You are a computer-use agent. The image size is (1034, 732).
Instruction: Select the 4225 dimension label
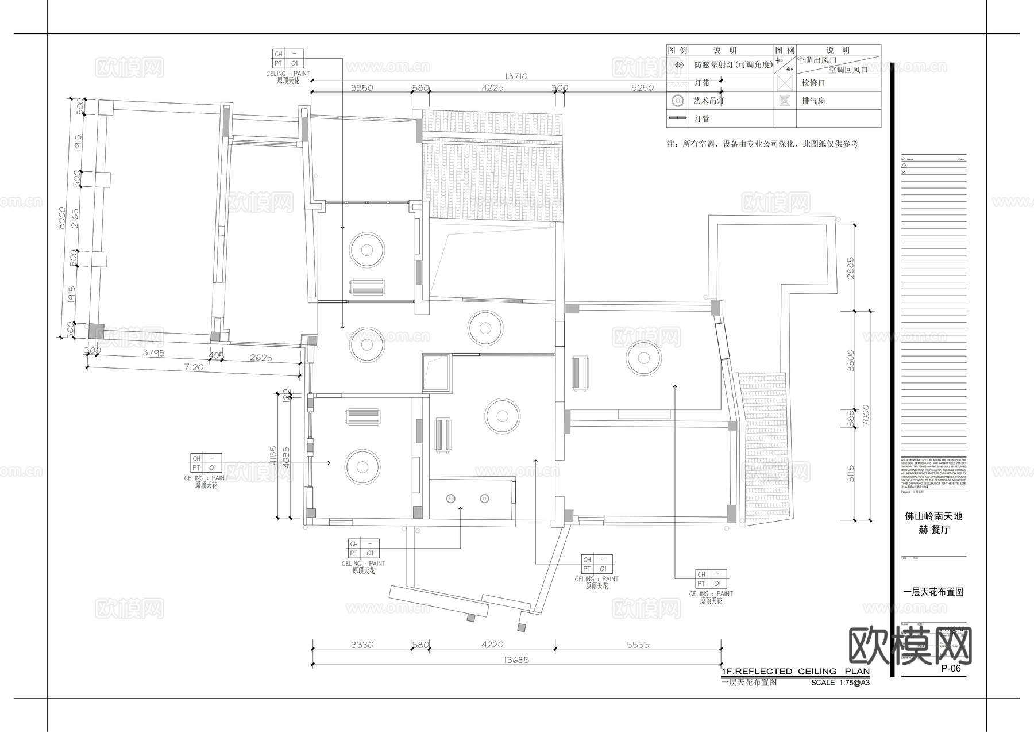pyautogui.click(x=492, y=88)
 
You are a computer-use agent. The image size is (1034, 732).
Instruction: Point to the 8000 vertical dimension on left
pyautogui.click(x=63, y=219)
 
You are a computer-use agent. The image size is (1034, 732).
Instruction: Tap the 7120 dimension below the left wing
pyautogui.click(x=194, y=367)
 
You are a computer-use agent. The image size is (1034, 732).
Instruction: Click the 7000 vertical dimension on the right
pyautogui.click(x=866, y=415)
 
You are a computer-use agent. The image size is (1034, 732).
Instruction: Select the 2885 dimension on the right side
pyautogui.click(x=851, y=268)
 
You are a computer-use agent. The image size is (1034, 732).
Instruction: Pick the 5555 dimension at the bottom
pyautogui.click(x=638, y=645)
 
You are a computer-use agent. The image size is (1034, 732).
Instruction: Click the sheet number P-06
pyautogui.click(x=951, y=668)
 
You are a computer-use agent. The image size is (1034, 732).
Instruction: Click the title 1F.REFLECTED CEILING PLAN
pyautogui.click(x=795, y=671)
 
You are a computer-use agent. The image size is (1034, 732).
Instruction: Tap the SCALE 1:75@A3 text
pyautogui.click(x=840, y=683)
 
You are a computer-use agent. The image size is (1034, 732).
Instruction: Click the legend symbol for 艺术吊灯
pyautogui.click(x=678, y=101)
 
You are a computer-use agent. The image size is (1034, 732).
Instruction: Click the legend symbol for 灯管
pyautogui.click(x=678, y=118)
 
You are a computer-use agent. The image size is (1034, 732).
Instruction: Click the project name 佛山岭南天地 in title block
pyautogui.click(x=933, y=516)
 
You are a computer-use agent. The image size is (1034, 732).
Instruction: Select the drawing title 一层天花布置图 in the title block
pyautogui.click(x=933, y=591)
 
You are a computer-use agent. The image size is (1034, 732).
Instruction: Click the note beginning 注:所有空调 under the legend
pyautogui.click(x=762, y=144)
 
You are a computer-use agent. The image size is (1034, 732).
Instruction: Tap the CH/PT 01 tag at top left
pyautogui.click(x=288, y=59)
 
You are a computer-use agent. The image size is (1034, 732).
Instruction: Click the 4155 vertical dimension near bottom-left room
pyautogui.click(x=273, y=455)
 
